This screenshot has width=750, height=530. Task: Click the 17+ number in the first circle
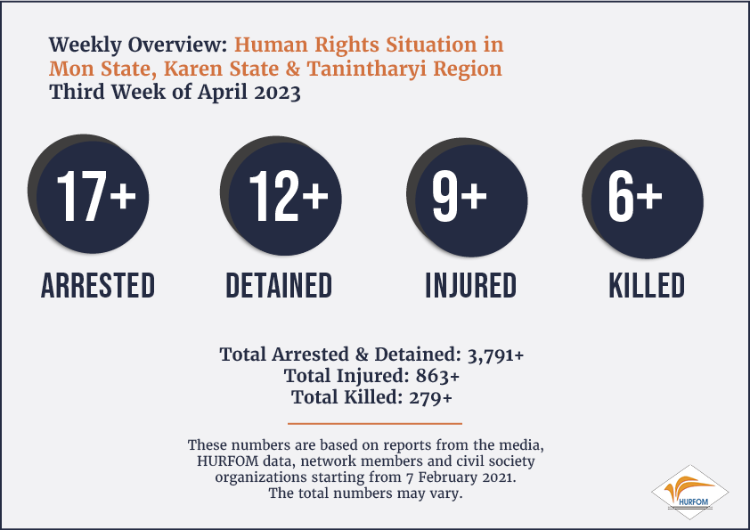(96, 197)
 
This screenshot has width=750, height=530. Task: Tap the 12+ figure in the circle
(289, 197)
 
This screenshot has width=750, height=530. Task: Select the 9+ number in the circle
(460, 197)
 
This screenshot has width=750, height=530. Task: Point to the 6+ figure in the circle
(635, 197)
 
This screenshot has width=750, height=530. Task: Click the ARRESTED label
(98, 286)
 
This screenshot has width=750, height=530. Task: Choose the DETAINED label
(279, 286)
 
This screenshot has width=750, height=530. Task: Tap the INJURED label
(471, 286)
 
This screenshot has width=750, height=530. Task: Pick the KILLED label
(647, 286)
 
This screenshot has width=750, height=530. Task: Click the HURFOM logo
(689, 493)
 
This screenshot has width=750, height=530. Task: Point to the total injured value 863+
(437, 376)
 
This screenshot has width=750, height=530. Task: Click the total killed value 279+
(430, 397)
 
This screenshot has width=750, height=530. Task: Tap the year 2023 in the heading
(277, 92)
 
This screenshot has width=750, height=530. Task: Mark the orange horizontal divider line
(375, 423)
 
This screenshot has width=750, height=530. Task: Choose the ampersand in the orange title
(293, 69)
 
